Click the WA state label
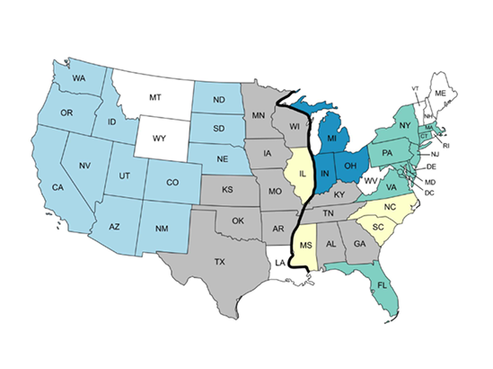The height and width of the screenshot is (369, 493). pos(78,78)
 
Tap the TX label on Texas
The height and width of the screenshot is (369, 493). pos(219,262)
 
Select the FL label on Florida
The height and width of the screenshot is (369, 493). pos(383,285)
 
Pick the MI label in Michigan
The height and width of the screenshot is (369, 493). pos(331,138)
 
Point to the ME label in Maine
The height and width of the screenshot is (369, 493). pos(440,93)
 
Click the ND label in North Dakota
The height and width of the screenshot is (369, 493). pos(219,100)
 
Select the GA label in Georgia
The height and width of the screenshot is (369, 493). pos(359,244)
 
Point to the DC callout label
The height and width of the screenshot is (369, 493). pos(430,193)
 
